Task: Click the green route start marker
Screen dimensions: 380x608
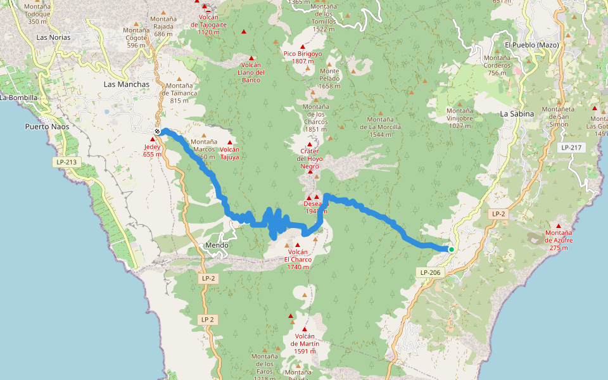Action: (x=451, y=250)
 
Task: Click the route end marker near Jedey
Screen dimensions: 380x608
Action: (x=157, y=132)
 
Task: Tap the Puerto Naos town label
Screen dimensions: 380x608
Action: (x=46, y=127)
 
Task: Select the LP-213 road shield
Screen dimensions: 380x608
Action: (x=66, y=163)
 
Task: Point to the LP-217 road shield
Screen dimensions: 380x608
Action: (x=571, y=147)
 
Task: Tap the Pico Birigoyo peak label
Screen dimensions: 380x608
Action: (x=302, y=58)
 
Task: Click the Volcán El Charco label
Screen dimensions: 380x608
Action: (x=297, y=259)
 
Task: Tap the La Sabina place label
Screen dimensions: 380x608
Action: (x=517, y=114)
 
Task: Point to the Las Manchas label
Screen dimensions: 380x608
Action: (x=127, y=84)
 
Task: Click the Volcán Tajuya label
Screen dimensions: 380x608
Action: (x=229, y=153)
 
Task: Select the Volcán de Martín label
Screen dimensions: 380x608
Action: (x=304, y=343)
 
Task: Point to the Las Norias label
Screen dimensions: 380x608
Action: (x=54, y=37)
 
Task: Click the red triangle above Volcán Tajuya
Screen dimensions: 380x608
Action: (x=229, y=142)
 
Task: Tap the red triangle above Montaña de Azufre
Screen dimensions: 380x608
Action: (x=559, y=226)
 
